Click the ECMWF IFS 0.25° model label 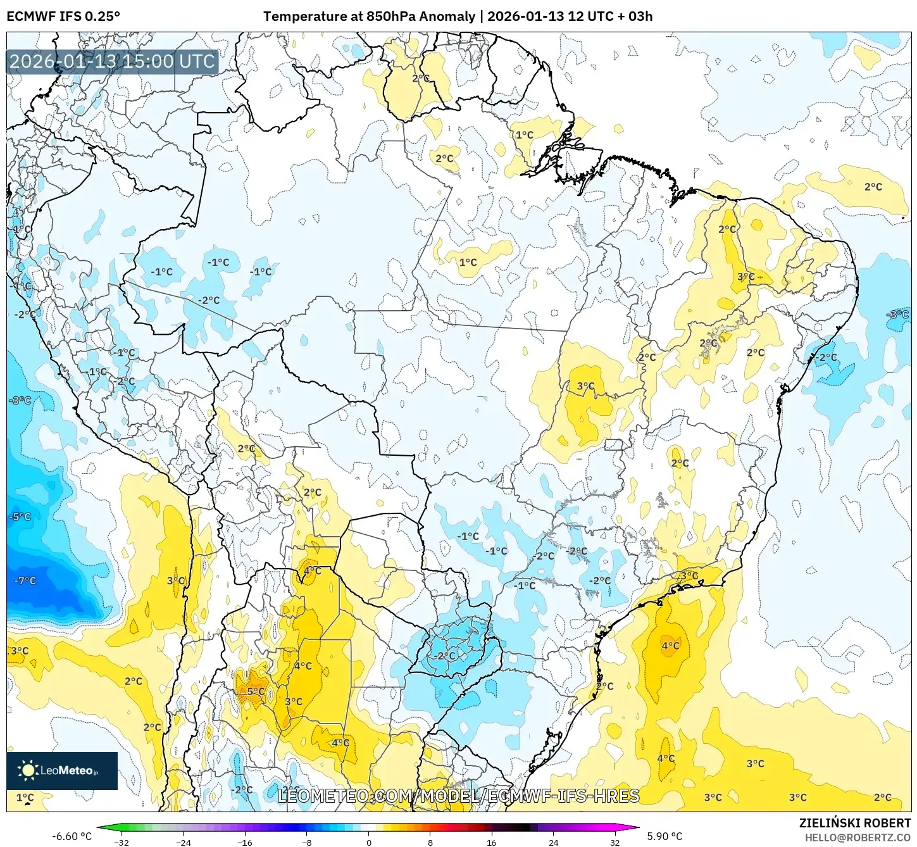coord(63,16)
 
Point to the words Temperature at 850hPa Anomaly coord(369,16)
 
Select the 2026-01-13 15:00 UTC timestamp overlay coord(113,61)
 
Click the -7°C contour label coord(25,580)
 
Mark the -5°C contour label coord(20,517)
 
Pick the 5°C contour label coord(256,691)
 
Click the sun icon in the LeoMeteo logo coord(28,770)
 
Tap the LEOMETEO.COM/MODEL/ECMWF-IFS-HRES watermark coord(458,796)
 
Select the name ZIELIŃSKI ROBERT coord(854,823)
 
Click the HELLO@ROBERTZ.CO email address coord(858,838)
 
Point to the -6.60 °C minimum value coord(72,836)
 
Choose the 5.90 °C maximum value coord(664,836)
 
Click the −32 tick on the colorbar coord(121,842)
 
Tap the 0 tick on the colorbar coord(369,842)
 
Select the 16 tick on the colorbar coord(492,842)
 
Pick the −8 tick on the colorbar coord(307,842)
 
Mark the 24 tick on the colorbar coord(554,842)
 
